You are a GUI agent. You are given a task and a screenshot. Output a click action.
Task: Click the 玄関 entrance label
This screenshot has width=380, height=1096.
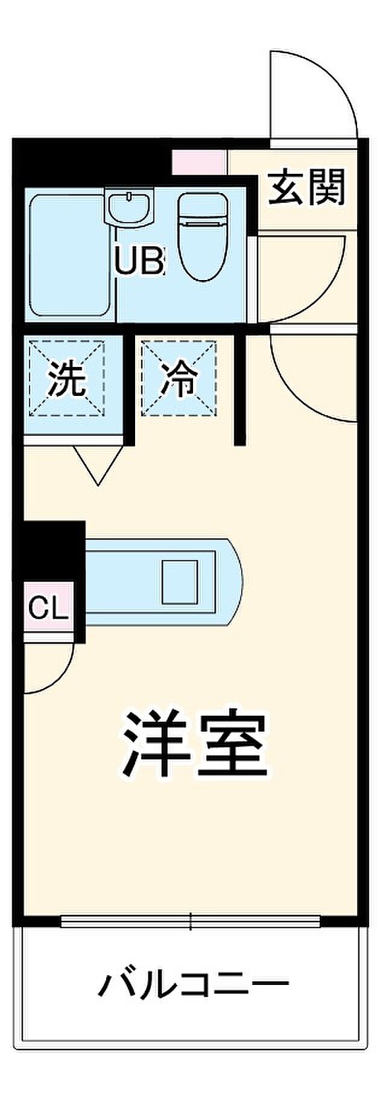click(307, 187)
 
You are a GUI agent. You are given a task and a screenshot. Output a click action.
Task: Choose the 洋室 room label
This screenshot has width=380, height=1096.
click(194, 744)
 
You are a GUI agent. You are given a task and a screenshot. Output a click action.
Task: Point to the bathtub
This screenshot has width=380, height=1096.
click(69, 255)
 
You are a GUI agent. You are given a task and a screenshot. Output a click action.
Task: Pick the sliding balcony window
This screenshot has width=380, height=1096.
click(190, 921)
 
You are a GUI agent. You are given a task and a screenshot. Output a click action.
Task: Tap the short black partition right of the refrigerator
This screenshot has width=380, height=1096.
click(240, 389)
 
